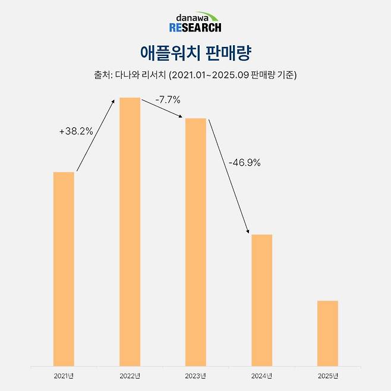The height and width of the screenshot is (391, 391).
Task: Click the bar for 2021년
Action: point(64,269)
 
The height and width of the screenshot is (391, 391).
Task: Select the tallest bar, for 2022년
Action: point(130,232)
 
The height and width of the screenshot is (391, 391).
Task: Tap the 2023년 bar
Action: point(195,242)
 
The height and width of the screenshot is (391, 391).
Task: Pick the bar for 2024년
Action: point(261,300)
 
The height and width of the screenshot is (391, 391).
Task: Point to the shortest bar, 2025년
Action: point(327,333)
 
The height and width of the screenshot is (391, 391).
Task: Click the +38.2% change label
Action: point(76,131)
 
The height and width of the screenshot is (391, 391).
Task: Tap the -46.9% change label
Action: point(245,162)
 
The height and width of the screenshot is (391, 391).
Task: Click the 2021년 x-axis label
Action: point(64,376)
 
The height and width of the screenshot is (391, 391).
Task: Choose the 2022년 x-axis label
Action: point(130,376)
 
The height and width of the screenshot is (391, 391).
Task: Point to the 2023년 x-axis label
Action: point(195,376)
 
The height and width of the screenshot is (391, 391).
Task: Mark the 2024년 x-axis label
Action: point(261,376)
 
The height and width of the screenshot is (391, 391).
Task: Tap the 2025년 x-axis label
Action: point(327,376)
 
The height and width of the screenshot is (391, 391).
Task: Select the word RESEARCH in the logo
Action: point(195,27)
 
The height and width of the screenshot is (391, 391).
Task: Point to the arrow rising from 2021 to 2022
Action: point(96,135)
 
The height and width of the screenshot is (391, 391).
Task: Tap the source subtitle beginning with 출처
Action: point(195,75)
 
